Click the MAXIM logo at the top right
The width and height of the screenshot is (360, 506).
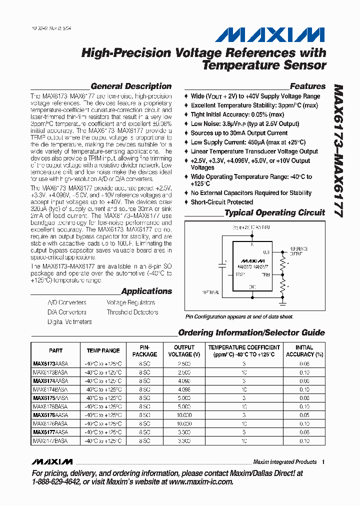tap(270, 35)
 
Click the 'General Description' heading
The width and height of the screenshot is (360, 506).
tap(131, 86)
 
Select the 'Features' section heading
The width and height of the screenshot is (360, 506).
tap(307, 86)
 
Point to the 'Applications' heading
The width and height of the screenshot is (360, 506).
tap(146, 291)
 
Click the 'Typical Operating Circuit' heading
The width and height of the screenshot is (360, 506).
tap(274, 212)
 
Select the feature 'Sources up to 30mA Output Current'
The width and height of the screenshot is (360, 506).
tap(239, 133)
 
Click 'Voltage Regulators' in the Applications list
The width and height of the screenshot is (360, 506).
tap(130, 302)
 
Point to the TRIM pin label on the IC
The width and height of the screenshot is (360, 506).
tap(266, 274)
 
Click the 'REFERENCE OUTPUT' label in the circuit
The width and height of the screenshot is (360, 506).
tap(299, 251)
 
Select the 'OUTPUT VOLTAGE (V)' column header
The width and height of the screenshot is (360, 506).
tap(184, 351)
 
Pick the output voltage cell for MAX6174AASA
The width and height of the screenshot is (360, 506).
tap(184, 381)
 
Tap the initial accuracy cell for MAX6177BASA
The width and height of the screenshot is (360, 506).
tap(304, 441)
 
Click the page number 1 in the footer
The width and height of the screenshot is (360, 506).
tap(323, 462)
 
